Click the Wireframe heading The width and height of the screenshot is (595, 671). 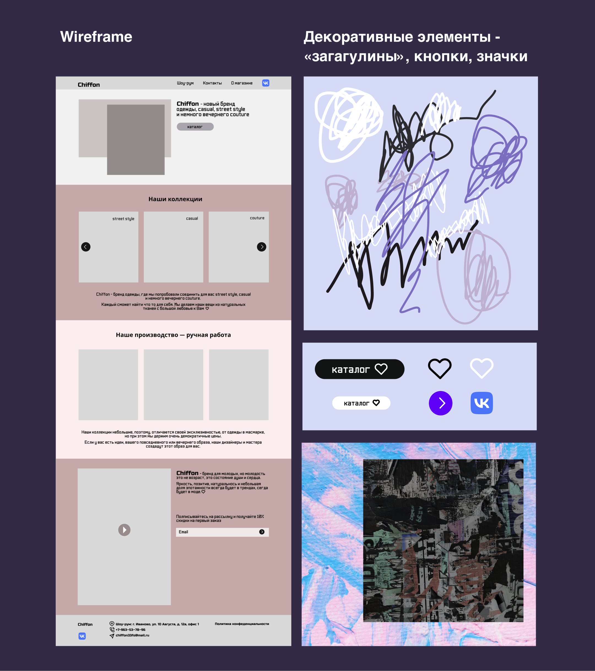point(96,37)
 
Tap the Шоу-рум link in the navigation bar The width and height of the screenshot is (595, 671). point(185,83)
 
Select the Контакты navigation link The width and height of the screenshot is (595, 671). point(212,83)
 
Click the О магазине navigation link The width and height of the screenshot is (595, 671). point(242,83)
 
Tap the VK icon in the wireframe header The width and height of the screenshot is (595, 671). point(266,83)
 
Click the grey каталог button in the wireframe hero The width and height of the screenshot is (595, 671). point(195,127)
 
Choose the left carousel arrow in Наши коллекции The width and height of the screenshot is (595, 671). point(86,247)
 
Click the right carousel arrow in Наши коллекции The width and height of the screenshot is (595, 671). point(262,247)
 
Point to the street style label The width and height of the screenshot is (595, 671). point(123,219)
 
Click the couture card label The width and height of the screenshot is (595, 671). point(257,218)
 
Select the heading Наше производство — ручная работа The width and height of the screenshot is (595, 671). point(173,335)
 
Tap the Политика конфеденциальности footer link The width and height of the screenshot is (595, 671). point(242,624)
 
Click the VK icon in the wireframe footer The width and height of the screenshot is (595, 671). point(82,636)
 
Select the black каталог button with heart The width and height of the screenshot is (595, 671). point(360,369)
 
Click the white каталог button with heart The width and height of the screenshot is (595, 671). point(361,403)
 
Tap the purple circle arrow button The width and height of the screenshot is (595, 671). point(441,403)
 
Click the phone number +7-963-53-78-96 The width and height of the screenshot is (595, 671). point(130,630)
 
